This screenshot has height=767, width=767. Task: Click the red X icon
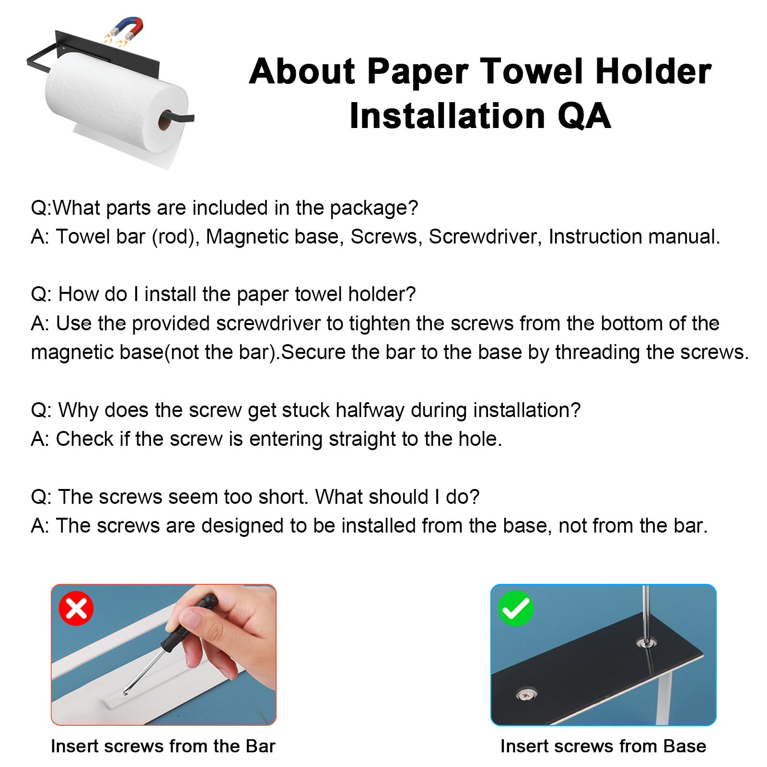pos(76,608)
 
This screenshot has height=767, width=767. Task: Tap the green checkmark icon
pos(516,608)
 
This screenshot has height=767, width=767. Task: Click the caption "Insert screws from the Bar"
pos(163,746)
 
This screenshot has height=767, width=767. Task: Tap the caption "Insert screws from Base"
pos(603,746)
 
